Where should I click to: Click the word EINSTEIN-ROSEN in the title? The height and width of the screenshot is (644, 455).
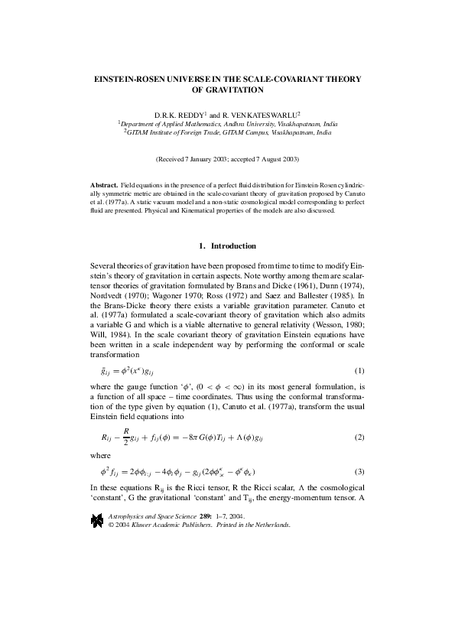(129, 79)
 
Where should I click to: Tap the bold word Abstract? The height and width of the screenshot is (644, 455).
(103, 186)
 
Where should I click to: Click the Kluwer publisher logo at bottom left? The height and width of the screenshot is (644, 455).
(97, 521)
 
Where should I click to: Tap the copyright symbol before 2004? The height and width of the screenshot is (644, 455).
(112, 525)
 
